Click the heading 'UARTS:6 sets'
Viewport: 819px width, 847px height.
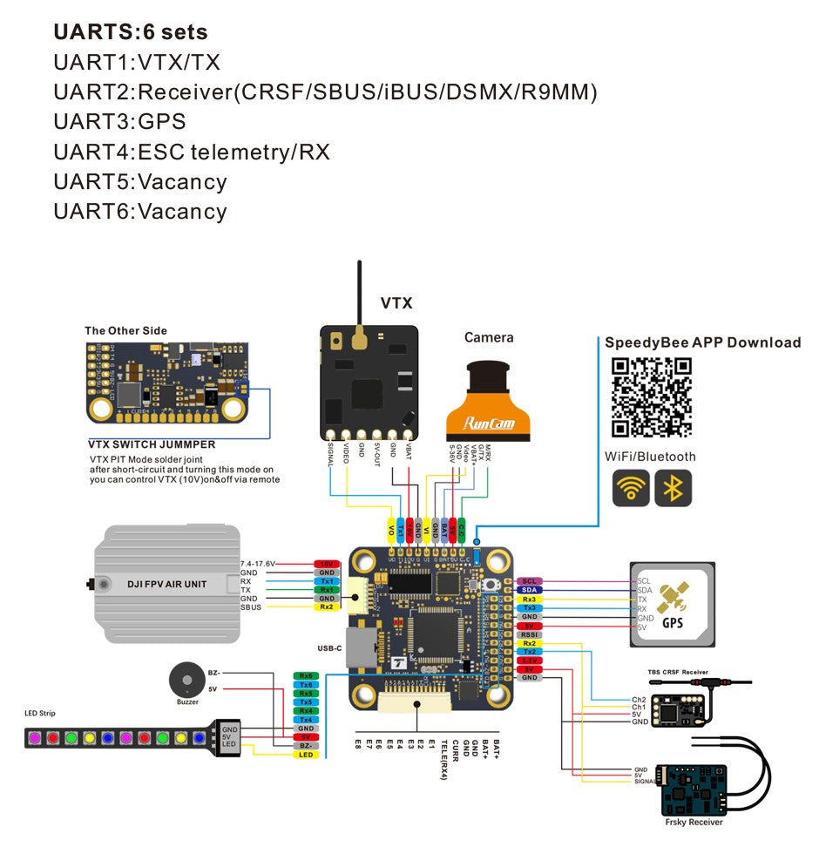[131, 32]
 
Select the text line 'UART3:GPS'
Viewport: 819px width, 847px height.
[119, 122]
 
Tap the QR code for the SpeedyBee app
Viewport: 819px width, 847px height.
[652, 396]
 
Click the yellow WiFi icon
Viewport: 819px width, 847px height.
[630, 488]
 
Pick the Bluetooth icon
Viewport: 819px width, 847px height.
[673, 488]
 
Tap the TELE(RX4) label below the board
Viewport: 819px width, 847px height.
[443, 757]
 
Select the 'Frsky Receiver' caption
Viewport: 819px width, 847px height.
[694, 822]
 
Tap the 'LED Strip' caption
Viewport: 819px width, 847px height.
[40, 714]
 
